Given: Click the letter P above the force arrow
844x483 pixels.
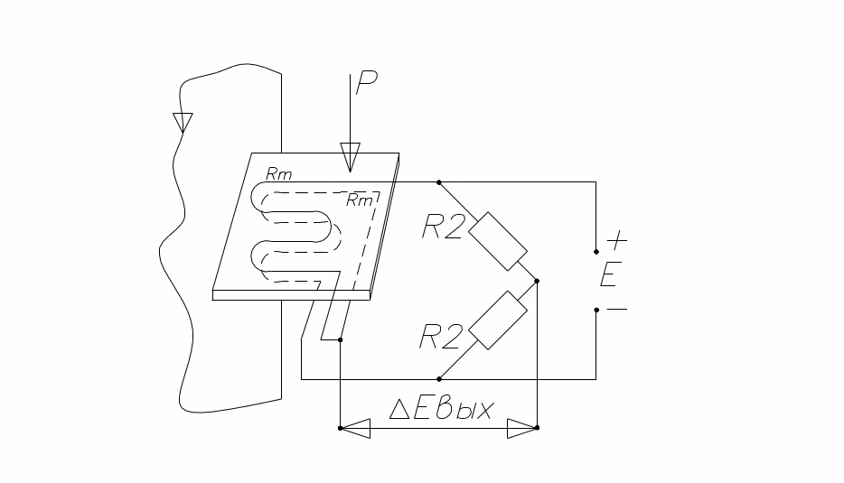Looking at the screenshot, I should click(x=366, y=82).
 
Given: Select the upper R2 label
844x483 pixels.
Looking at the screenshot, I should click(x=443, y=228).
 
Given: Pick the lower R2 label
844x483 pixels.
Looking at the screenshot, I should click(x=441, y=336).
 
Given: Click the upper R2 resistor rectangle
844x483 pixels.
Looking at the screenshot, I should click(x=495, y=241).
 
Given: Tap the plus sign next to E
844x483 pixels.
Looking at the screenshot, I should click(x=615, y=242).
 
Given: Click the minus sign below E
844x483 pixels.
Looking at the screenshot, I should click(x=615, y=309).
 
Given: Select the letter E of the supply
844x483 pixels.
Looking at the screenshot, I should click(x=609, y=275).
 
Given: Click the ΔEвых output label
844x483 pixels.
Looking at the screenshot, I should click(x=442, y=409).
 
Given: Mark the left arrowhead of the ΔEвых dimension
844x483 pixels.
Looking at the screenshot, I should click(x=354, y=428).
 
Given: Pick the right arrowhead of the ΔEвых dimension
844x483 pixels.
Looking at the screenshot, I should click(x=521, y=428).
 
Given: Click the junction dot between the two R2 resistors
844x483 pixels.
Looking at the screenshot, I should click(x=537, y=281).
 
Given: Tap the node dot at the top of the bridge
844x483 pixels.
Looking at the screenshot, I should click(x=439, y=181).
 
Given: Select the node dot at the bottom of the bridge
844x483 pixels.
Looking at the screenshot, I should click(x=439, y=378).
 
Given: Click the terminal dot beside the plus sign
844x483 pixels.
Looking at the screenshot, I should click(x=595, y=251).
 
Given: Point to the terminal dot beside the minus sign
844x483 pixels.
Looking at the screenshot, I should click(x=595, y=310).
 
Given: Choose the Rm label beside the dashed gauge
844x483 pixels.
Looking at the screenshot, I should click(x=361, y=200).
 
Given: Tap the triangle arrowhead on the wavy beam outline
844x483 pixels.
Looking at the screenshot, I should click(x=183, y=121).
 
